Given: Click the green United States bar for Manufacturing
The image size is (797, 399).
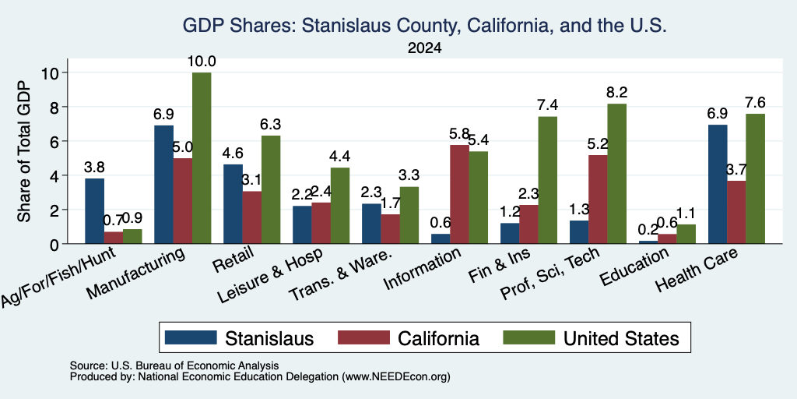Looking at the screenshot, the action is click(x=202, y=158).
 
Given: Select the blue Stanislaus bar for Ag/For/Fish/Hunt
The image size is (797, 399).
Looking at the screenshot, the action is click(x=94, y=211).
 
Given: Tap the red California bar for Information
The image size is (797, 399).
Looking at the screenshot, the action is click(x=459, y=194).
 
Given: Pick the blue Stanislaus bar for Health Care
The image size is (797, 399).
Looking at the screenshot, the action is click(x=718, y=184).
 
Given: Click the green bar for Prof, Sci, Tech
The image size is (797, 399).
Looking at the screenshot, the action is click(x=616, y=174).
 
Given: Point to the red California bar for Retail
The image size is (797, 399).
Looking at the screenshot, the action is click(x=252, y=217).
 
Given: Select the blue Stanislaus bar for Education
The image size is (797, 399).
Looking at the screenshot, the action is click(x=648, y=242).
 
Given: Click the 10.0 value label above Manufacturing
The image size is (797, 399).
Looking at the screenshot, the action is click(x=202, y=62).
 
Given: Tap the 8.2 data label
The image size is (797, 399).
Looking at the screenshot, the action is click(x=616, y=93).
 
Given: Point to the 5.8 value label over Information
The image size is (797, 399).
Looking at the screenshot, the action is click(x=459, y=134).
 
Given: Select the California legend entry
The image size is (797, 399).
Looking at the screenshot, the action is click(x=409, y=338).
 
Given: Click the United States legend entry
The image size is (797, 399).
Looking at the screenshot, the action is click(x=591, y=338).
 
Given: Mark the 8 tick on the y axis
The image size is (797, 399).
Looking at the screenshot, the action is click(x=57, y=107).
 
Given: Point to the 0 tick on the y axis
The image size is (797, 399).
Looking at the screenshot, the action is click(x=57, y=244).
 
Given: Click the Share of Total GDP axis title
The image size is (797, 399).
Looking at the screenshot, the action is click(x=24, y=151).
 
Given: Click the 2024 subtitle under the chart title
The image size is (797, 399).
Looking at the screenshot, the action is click(x=424, y=48).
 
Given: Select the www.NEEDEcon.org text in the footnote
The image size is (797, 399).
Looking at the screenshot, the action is click(x=396, y=377).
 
